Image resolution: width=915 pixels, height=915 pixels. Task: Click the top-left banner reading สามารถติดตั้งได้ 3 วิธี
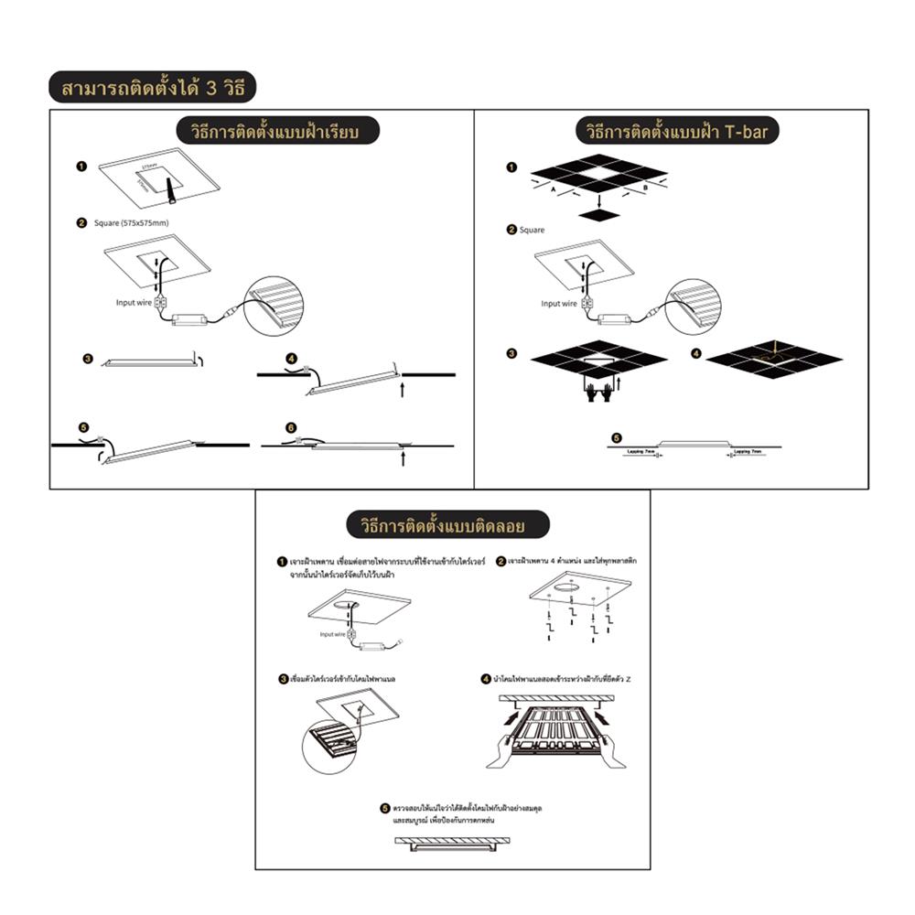point(152,89)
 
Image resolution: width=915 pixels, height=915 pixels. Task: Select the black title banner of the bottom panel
point(448,524)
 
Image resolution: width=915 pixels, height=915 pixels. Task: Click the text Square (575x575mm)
point(131,223)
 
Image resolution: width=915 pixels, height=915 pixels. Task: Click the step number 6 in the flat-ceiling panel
point(291,427)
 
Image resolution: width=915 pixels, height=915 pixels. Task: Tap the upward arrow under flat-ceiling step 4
point(403,389)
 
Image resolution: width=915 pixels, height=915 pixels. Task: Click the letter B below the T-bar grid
point(645,187)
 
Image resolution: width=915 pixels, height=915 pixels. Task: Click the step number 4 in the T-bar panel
point(695,352)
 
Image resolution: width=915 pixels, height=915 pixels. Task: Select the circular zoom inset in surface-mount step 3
point(328,748)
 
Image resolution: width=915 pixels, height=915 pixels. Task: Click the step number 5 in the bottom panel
point(385,808)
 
